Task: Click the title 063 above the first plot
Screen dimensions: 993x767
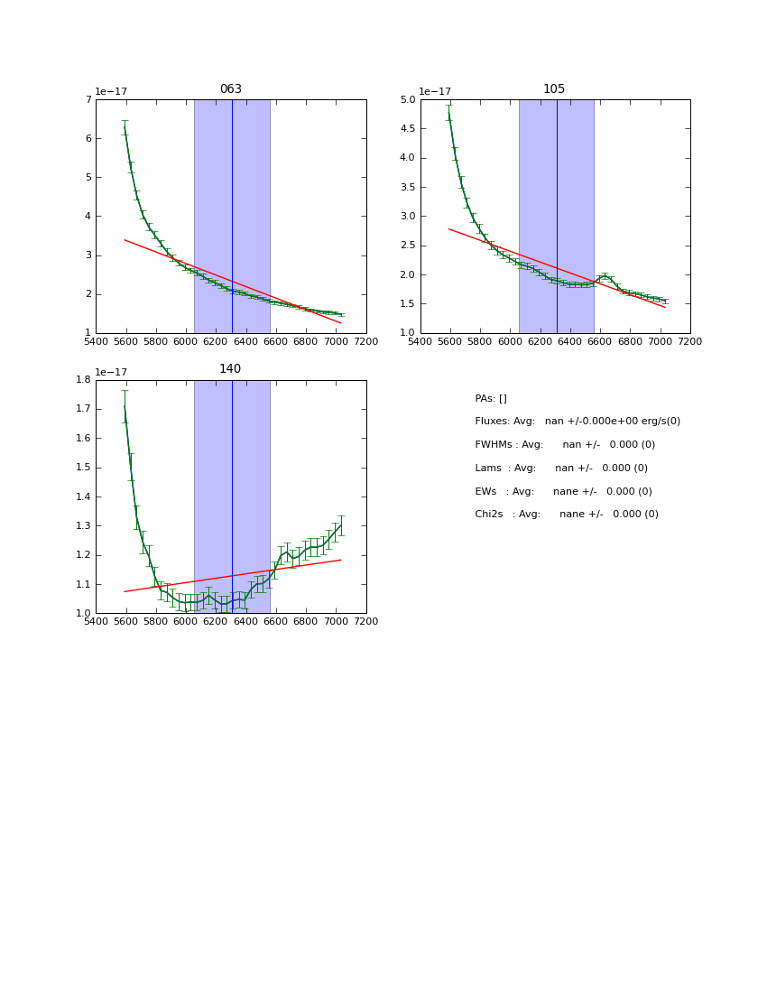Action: click(x=231, y=89)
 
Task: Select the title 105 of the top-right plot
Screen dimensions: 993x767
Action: click(x=554, y=89)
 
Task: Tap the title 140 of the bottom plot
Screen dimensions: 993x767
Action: click(x=230, y=369)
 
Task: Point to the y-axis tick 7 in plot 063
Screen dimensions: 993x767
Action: click(x=88, y=100)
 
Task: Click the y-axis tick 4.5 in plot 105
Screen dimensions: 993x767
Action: click(x=407, y=129)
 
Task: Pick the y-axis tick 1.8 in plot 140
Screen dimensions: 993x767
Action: click(x=83, y=380)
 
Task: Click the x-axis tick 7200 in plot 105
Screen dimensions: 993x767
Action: click(x=690, y=342)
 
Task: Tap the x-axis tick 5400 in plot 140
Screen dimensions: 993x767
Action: click(x=96, y=622)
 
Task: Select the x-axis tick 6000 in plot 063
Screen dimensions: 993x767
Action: click(x=186, y=342)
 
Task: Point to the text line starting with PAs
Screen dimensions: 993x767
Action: click(x=491, y=399)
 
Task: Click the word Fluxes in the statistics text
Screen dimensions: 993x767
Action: click(x=491, y=422)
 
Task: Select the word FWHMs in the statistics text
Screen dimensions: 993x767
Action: click(x=494, y=445)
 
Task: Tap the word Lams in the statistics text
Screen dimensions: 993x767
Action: click(x=488, y=469)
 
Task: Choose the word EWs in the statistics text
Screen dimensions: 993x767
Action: click(x=486, y=492)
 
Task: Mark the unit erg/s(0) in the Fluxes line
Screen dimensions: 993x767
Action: click(x=655, y=422)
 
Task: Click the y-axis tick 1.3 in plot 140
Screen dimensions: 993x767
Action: click(x=83, y=526)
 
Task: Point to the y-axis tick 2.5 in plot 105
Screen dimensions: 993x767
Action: click(x=407, y=246)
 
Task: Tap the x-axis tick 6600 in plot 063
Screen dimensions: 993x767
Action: click(x=276, y=342)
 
